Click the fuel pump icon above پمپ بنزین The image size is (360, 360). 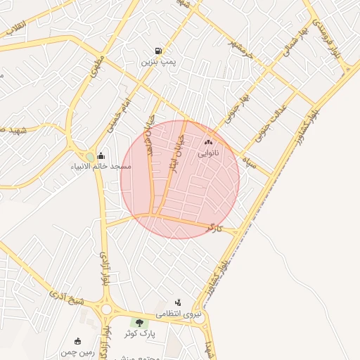click(159, 51)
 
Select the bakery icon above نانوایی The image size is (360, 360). click(208, 142)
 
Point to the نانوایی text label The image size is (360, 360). click(208, 153)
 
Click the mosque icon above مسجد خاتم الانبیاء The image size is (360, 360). click(101, 156)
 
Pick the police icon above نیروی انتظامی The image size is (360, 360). click(178, 302)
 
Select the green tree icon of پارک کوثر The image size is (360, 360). click(139, 322)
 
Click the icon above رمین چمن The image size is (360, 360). click(77, 341)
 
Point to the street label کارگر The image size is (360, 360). click(214, 229)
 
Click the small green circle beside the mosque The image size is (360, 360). click(89, 157)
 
